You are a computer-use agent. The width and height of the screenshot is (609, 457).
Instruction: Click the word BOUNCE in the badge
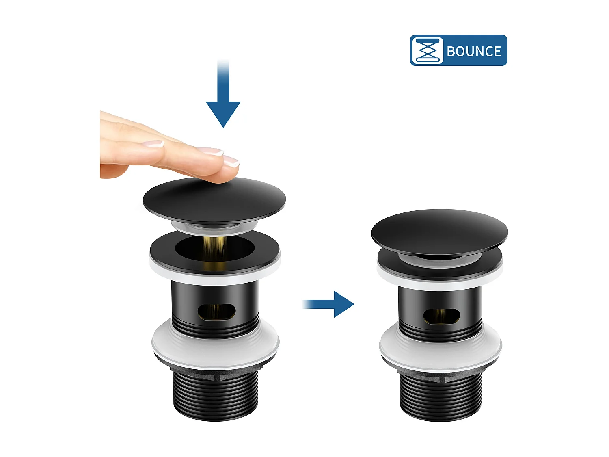click(x=473, y=51)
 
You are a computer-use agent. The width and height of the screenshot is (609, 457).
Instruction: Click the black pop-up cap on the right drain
click(x=439, y=232)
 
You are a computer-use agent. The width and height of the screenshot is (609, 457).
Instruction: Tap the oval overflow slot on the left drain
click(x=216, y=312)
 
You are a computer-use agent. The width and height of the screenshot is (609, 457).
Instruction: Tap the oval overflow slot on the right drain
click(x=442, y=316)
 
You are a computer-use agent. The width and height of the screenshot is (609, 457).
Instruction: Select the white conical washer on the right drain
click(x=441, y=348)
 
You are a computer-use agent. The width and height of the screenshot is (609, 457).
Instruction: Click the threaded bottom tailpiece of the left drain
click(x=216, y=396)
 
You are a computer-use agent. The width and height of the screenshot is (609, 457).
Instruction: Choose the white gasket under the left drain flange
click(x=215, y=276)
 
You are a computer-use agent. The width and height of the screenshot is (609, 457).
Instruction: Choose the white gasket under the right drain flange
click(x=441, y=283)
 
